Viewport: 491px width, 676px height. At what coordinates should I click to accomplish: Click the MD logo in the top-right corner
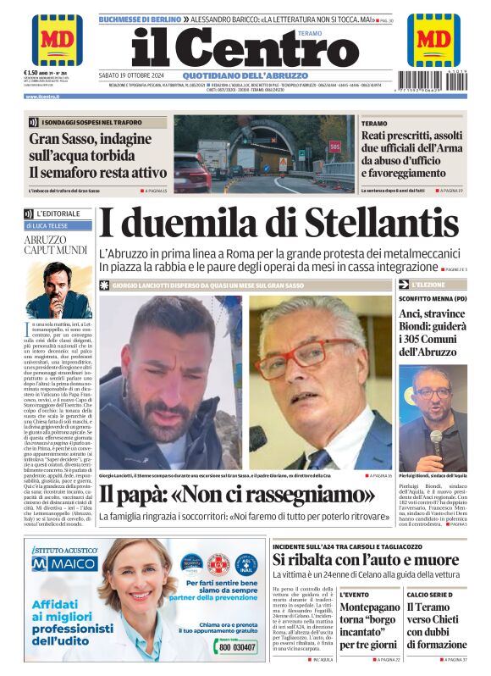coord(433,39)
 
